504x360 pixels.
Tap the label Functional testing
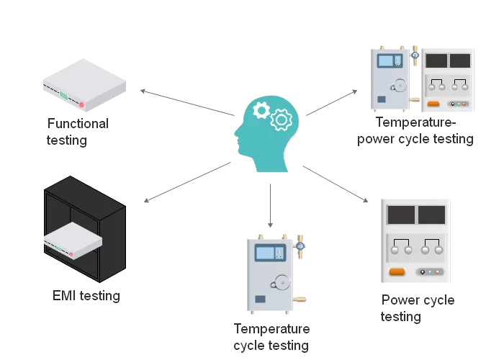(x=78, y=132)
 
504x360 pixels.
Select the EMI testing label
(x=86, y=296)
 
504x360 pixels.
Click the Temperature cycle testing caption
(x=271, y=337)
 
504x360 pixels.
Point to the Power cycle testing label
(x=418, y=308)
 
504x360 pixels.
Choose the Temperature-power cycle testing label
(x=415, y=131)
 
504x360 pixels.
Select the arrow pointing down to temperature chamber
(x=271, y=205)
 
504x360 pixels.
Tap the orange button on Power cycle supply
(x=397, y=272)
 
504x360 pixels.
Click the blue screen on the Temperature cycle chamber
(x=266, y=253)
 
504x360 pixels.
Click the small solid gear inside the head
(x=261, y=110)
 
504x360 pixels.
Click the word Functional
(x=78, y=124)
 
